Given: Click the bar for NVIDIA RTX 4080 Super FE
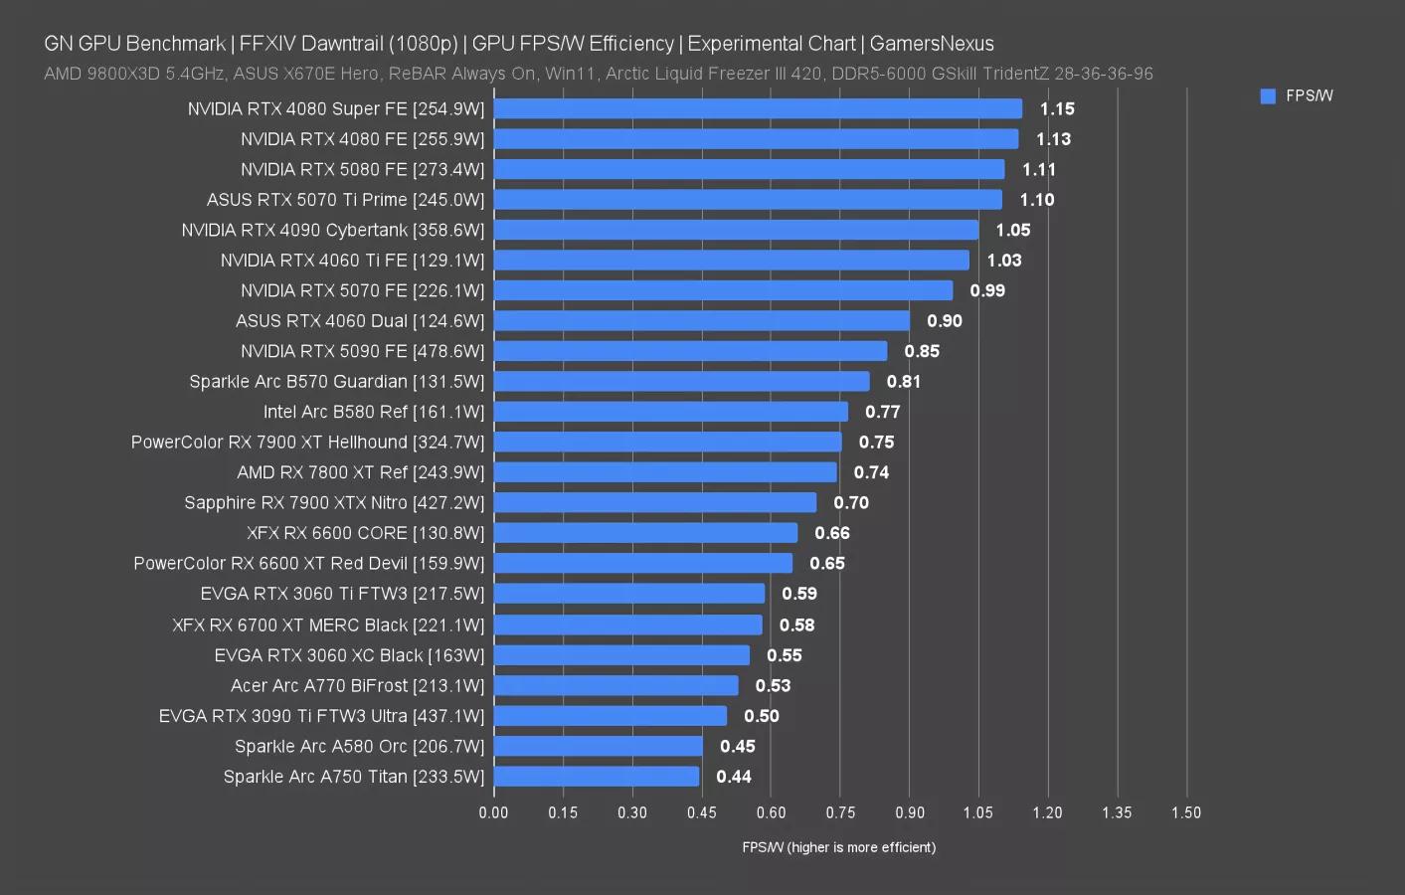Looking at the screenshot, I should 758,108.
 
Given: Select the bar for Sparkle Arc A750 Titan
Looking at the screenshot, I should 597,777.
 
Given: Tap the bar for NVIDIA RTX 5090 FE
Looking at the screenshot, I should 690,351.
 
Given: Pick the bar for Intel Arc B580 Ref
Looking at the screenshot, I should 671,412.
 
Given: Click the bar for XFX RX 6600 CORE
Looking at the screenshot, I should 645,533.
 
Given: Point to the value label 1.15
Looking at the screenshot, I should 1057,108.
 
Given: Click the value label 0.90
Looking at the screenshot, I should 944,321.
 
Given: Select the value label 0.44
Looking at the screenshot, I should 734,777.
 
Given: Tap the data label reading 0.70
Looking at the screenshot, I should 851,503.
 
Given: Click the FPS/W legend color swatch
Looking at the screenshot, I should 1268,96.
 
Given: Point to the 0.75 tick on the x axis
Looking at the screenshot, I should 840,812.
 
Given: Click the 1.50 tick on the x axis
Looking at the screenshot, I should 1186,812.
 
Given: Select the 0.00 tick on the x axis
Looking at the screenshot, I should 493,812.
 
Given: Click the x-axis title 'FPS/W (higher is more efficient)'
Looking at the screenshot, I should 838,847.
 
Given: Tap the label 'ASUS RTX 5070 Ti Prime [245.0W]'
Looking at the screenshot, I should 345,200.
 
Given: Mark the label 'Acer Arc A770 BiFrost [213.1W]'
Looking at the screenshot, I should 357,686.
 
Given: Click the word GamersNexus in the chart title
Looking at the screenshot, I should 932,44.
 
